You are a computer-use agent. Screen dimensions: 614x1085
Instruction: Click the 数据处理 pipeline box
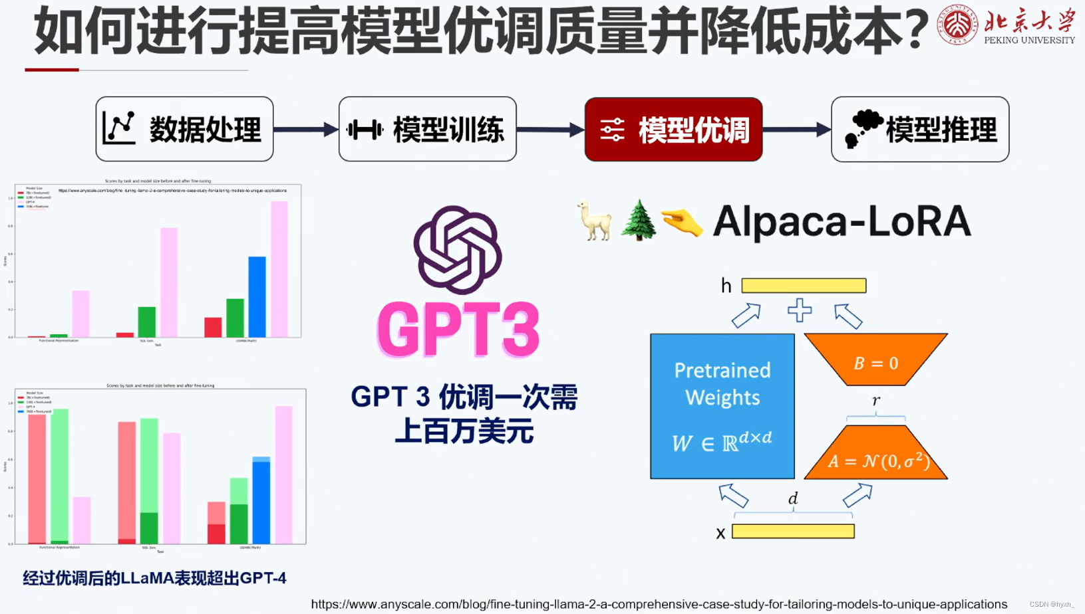coord(184,129)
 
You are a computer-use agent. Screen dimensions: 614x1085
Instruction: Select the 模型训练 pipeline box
coord(427,129)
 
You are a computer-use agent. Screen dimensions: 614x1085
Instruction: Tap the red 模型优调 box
coord(673,129)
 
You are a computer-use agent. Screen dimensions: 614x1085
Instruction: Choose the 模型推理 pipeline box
coord(920,129)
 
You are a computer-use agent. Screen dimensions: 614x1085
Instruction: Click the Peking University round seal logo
coord(957,25)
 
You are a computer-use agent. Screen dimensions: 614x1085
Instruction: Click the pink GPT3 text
coord(458,330)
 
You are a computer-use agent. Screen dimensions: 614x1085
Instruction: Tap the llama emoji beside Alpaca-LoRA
coord(594,221)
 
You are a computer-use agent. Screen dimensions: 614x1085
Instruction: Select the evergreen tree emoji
coord(638,220)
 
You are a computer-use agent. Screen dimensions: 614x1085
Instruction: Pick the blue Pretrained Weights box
coord(722,406)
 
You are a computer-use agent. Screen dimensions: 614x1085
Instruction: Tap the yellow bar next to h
coord(804,286)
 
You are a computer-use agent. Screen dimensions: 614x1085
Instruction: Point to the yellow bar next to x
coord(793,532)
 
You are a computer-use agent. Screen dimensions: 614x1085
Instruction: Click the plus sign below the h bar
coord(800,310)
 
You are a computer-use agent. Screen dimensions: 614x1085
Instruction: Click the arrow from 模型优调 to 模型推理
coord(796,130)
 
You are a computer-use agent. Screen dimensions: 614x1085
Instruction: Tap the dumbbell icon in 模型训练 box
coord(365,130)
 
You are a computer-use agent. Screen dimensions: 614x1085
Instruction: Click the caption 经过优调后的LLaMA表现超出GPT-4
coord(154,578)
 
